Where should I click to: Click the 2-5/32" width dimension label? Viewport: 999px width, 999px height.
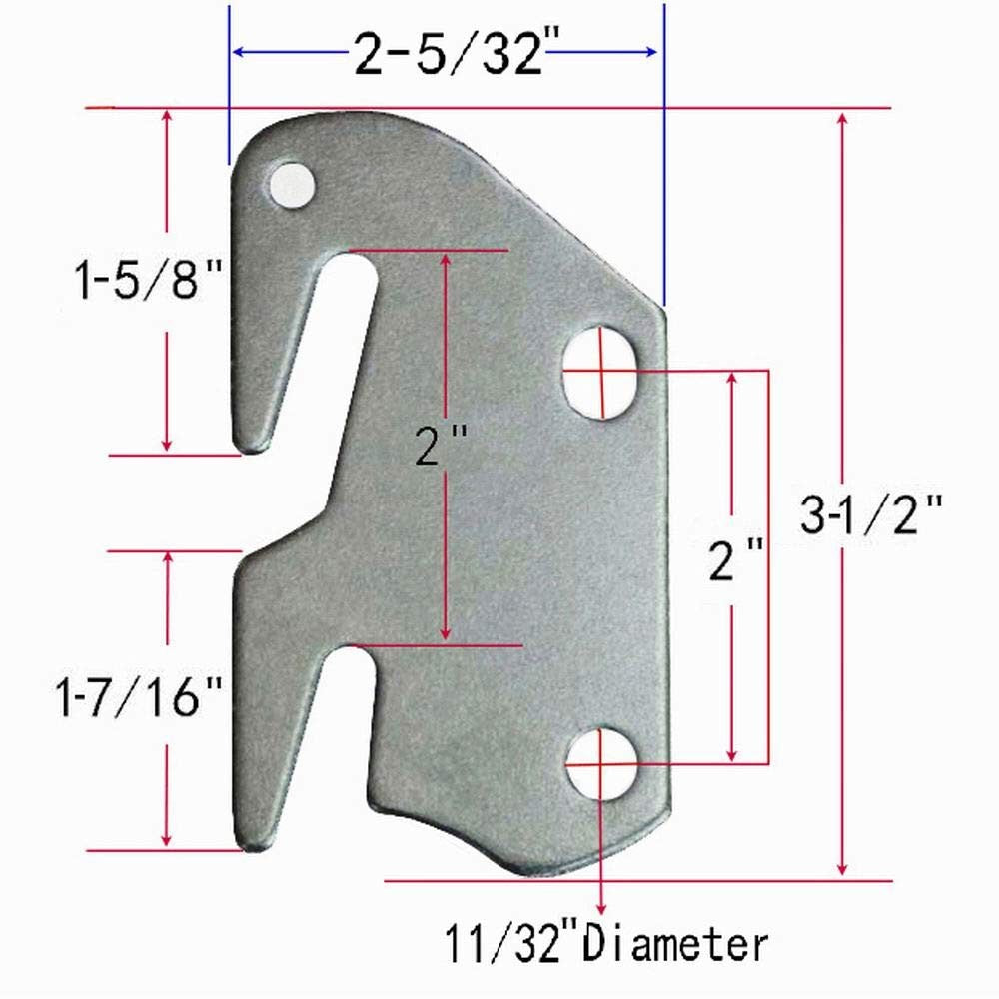pyautogui.click(x=451, y=54)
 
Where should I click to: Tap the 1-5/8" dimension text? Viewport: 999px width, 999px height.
pyautogui.click(x=148, y=279)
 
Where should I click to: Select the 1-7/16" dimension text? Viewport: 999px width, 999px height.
pyautogui.click(x=139, y=696)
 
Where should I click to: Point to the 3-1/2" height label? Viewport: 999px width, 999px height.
pyautogui.click(x=870, y=513)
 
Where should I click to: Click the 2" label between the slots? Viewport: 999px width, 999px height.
pyautogui.click(x=441, y=445)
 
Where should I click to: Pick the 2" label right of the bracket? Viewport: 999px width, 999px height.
pyautogui.click(x=736, y=559)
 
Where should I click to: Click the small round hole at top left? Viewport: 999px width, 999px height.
pyautogui.click(x=292, y=185)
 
